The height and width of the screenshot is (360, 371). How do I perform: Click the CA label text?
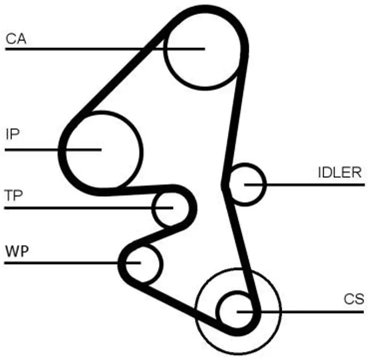[16, 38]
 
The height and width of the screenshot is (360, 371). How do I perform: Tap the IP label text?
[12, 134]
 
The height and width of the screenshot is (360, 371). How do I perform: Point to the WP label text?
[16, 250]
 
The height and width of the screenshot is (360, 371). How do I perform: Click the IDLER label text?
[339, 173]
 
